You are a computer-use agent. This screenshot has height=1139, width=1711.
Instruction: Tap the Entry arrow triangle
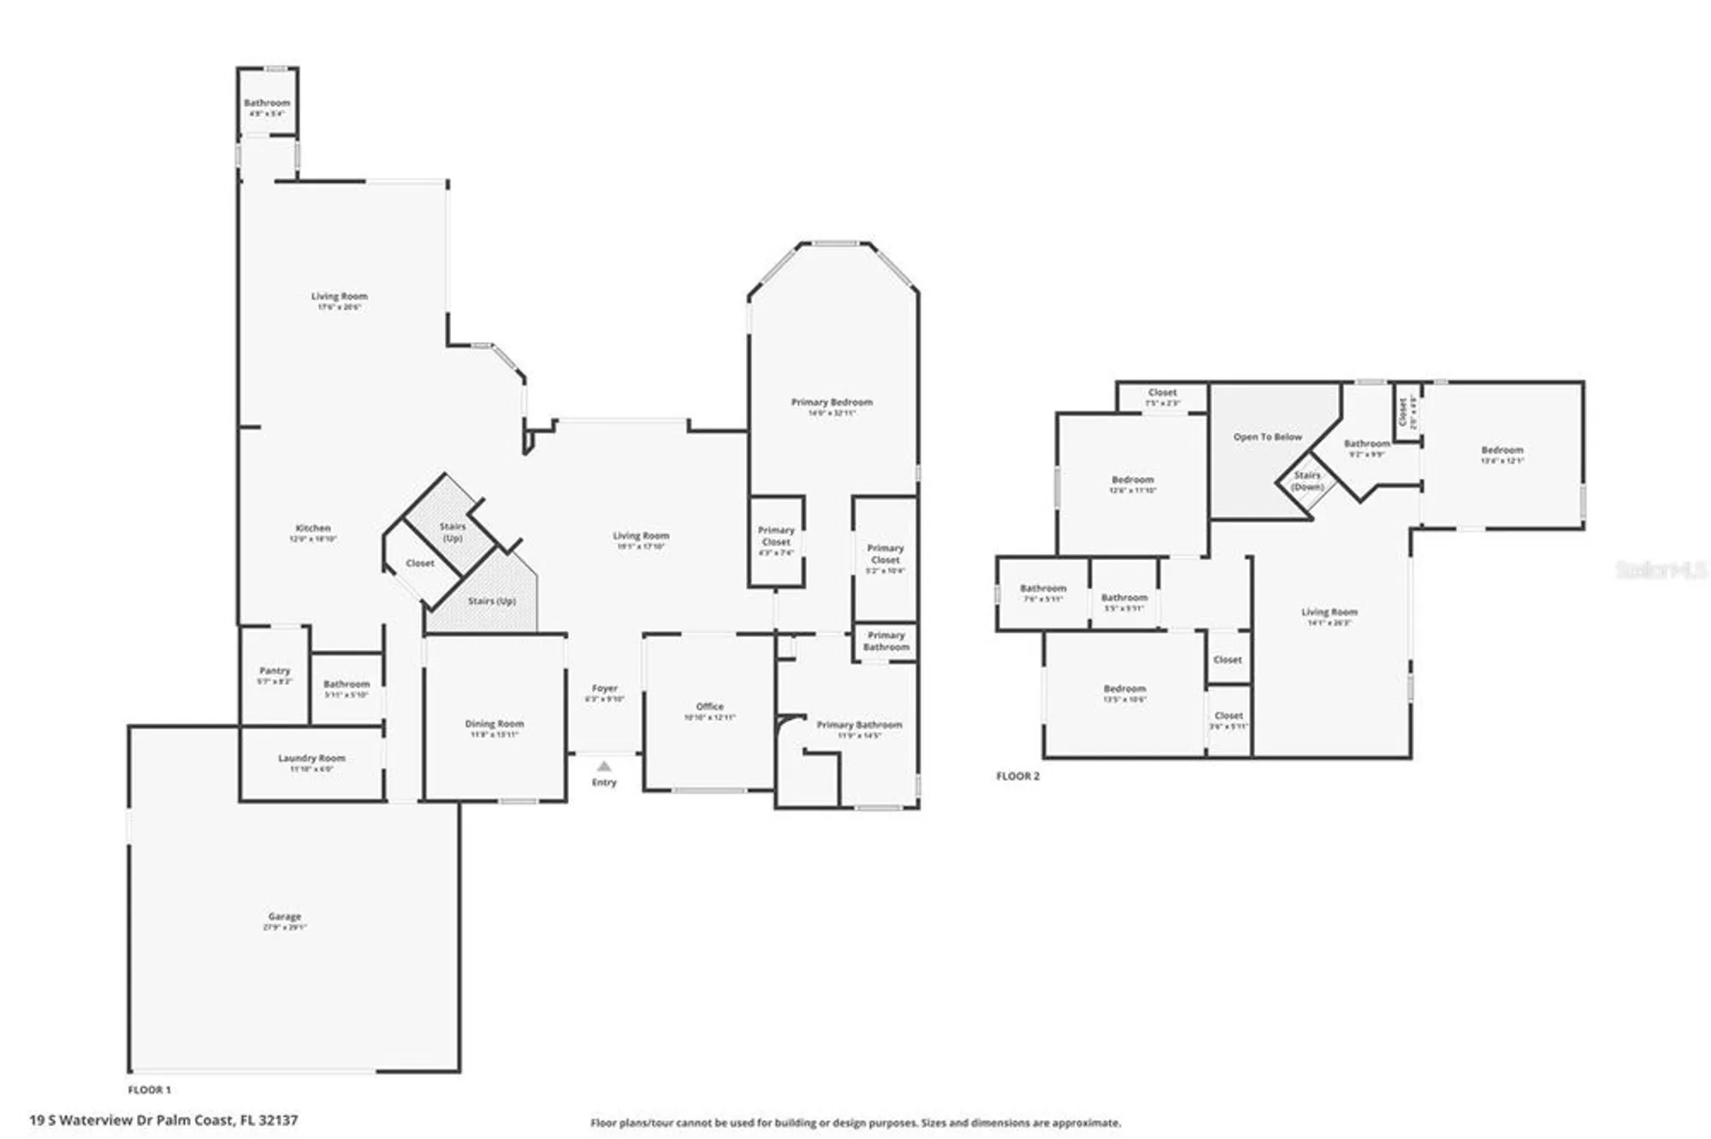pyautogui.click(x=604, y=766)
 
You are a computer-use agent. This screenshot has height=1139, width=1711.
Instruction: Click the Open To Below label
pyautogui.click(x=1267, y=437)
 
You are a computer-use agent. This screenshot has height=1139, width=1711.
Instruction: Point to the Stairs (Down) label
pyautogui.click(x=1306, y=481)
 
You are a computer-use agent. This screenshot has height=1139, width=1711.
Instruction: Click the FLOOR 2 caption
pyautogui.click(x=1017, y=776)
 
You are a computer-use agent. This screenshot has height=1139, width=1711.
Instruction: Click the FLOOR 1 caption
pyautogui.click(x=149, y=1089)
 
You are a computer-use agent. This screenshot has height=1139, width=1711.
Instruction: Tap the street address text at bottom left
pyautogui.click(x=163, y=1119)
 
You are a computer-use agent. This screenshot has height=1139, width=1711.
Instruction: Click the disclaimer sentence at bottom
pyautogui.click(x=855, y=1123)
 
